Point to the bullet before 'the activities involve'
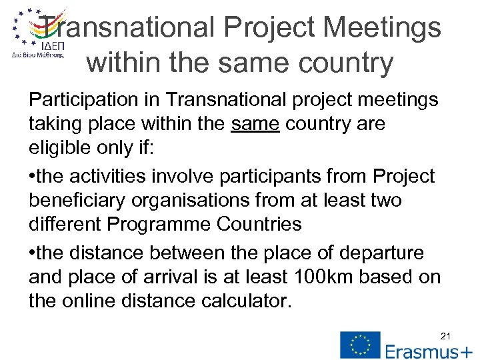pyautogui.click(x=33, y=177)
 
